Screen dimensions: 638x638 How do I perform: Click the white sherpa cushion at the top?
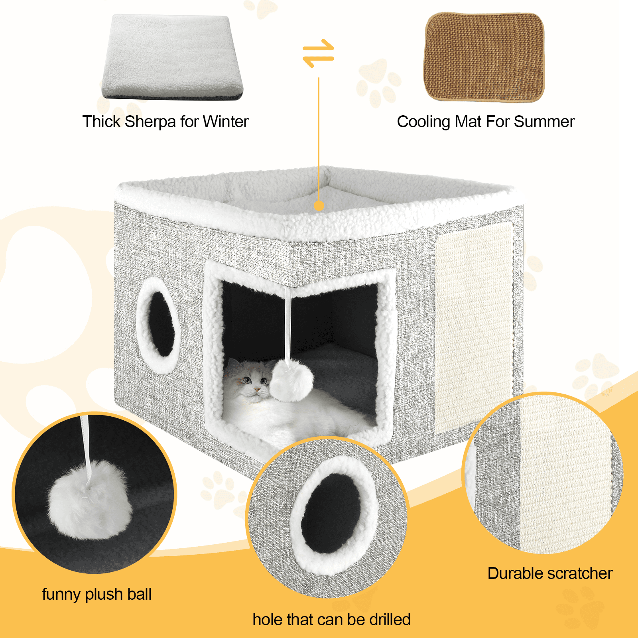coord(172,57)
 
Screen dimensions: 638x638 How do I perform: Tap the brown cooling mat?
coord(484,57)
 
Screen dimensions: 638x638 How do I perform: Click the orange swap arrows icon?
coord(318,53)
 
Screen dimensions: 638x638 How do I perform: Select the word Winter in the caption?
coord(226,122)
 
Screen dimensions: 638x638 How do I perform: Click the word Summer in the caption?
coord(544,122)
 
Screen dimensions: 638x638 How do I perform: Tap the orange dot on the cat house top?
coord(319,206)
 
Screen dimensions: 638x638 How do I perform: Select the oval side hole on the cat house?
coord(158,325)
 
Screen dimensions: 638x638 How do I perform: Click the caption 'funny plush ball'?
coord(97,595)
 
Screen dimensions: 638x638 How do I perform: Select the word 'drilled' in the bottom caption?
coord(390,620)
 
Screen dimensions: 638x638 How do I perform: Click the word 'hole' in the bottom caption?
coord(268,620)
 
